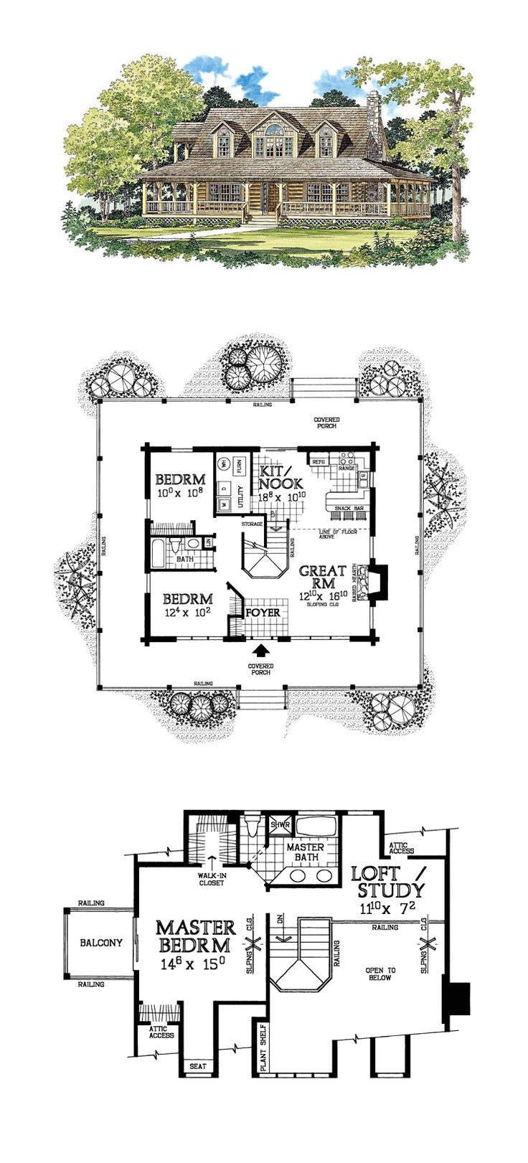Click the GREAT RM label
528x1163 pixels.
pyautogui.click(x=323, y=578)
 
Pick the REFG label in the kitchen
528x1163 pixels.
pyautogui.click(x=319, y=462)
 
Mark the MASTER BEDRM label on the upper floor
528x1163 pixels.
pyautogui.click(x=195, y=937)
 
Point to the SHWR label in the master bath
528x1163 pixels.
pyautogui.click(x=280, y=825)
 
